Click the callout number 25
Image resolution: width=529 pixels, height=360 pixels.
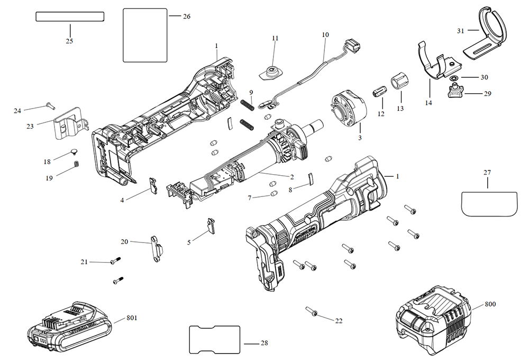point(69,41)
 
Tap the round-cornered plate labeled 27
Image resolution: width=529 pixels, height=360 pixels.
point(487,203)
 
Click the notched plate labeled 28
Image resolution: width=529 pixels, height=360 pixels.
point(214,339)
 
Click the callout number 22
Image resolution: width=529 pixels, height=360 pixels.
point(339,321)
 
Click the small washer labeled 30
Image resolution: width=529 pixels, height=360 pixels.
point(458,77)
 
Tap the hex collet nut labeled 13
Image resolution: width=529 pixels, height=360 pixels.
point(399,83)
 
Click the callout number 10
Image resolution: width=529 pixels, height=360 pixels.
point(325,35)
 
